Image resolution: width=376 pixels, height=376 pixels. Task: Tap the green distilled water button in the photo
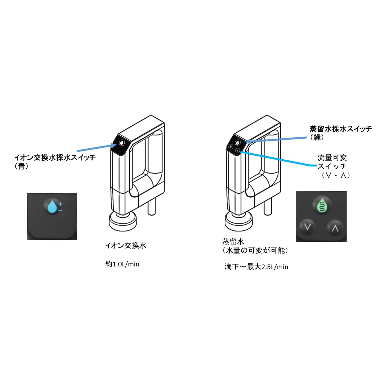(x=322, y=205)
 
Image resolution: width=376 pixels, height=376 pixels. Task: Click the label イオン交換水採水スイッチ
(x=55, y=157)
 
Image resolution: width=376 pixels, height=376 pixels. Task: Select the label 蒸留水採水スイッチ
(x=341, y=129)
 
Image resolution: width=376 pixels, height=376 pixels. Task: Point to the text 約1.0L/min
(x=122, y=264)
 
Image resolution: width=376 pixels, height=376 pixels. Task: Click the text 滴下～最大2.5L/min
(x=256, y=267)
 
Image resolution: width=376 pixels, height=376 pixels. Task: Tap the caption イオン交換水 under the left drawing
(x=126, y=246)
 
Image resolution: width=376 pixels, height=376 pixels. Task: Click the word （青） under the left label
(x=21, y=166)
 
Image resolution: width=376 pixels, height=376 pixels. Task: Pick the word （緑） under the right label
(x=317, y=137)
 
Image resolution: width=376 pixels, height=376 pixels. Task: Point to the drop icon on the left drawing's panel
(x=122, y=143)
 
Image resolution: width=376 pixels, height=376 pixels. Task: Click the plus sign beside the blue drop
(x=60, y=204)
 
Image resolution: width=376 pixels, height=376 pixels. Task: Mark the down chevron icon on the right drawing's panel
(x=231, y=146)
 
